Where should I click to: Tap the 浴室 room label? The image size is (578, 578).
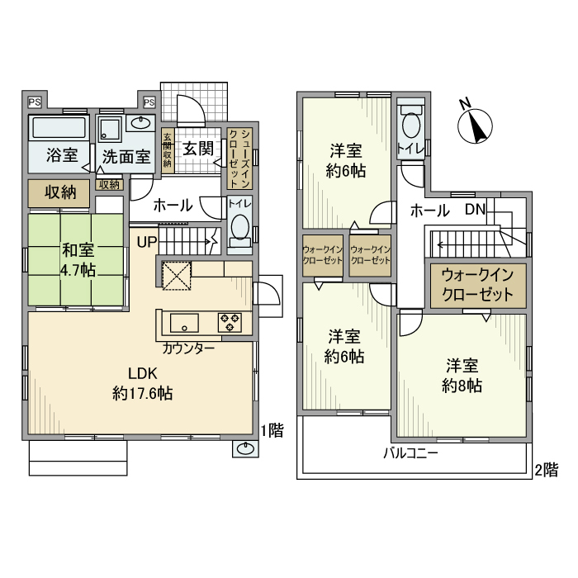tap(62, 154)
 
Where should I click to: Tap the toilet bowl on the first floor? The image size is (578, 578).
tap(239, 229)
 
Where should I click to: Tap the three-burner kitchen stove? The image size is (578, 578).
tap(230, 321)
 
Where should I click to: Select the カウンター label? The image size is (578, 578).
tap(189, 348)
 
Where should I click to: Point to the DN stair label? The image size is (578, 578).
tap(474, 210)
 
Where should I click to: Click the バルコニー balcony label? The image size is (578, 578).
tap(410, 453)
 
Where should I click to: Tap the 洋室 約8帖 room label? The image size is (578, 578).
tap(462, 375)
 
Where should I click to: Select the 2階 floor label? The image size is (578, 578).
tap(545, 470)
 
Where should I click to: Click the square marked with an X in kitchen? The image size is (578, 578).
tap(176, 274)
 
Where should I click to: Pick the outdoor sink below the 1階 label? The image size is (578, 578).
tap(245, 448)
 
